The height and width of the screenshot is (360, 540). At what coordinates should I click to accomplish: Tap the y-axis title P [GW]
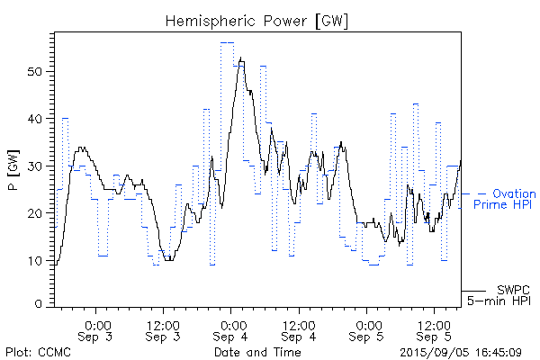click(13, 169)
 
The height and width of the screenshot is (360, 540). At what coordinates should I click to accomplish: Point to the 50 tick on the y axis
click(38, 72)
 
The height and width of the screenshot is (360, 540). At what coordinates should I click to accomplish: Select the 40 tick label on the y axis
click(38, 119)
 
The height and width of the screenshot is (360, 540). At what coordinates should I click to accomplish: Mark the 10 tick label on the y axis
click(38, 261)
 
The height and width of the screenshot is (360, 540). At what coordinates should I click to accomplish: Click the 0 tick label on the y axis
click(41, 305)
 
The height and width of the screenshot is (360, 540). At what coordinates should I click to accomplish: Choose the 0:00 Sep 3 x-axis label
click(97, 330)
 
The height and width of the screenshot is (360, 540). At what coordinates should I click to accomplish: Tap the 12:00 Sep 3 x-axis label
click(165, 330)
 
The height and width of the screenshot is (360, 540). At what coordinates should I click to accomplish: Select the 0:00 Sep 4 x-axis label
click(232, 330)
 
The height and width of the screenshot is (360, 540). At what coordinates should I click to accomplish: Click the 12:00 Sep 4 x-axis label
click(300, 330)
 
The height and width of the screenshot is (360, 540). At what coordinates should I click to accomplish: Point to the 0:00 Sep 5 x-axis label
click(367, 330)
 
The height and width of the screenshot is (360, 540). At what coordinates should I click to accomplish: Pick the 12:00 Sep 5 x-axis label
click(435, 330)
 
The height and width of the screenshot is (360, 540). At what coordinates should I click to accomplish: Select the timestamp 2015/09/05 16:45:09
click(461, 352)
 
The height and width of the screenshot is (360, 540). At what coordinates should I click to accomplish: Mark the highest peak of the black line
click(241, 59)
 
